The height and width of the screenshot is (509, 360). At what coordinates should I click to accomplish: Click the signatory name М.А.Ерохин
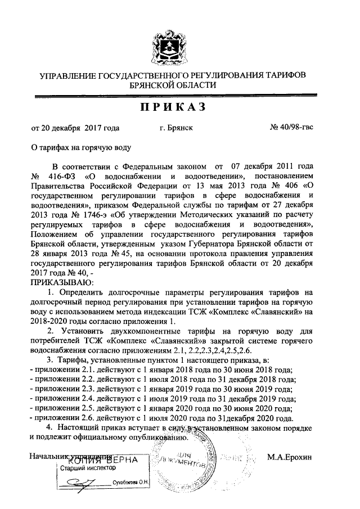pyautogui.click(x=289, y=458)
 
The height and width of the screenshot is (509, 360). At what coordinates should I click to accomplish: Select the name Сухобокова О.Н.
pyautogui.click(x=129, y=483)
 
